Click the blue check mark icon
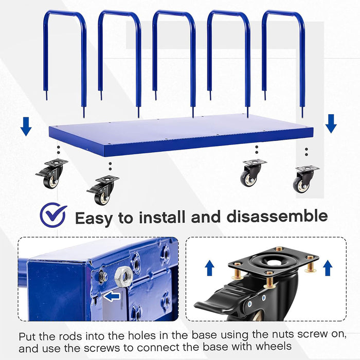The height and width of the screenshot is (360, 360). pos(53,215)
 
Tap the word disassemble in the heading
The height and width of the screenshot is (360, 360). pos(277,216)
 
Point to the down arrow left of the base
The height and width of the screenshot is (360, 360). pos(26,127)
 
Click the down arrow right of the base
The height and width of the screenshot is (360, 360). pos(331,124)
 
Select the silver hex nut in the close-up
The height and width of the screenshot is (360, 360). pos(124,276)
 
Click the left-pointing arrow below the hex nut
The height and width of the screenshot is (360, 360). pos(112,296)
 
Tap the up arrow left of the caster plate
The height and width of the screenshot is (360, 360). pos(209,269)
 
